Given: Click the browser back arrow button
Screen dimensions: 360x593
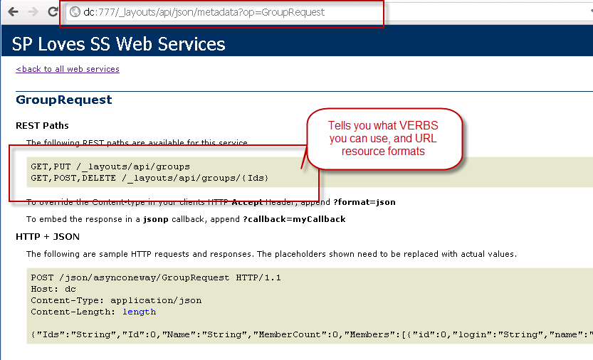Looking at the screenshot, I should [14, 12].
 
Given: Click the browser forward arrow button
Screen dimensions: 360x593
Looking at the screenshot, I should [33, 12].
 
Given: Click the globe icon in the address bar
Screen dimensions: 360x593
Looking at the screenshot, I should [74, 12].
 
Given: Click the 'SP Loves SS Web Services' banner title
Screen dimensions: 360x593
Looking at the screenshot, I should [118, 44].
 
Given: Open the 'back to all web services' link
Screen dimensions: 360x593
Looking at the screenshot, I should [68, 69].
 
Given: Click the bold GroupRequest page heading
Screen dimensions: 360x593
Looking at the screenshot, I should [64, 100].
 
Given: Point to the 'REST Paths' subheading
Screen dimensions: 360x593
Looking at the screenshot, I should [42, 126].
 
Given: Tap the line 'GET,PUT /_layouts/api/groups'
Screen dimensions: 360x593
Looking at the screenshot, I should [110, 166].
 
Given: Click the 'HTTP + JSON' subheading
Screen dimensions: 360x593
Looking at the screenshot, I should [48, 236].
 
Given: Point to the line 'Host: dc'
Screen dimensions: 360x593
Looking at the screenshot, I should [53, 289].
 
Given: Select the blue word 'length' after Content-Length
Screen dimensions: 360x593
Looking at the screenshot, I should [139, 312].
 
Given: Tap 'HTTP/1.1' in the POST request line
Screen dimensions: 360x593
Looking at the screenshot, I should [258, 277].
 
